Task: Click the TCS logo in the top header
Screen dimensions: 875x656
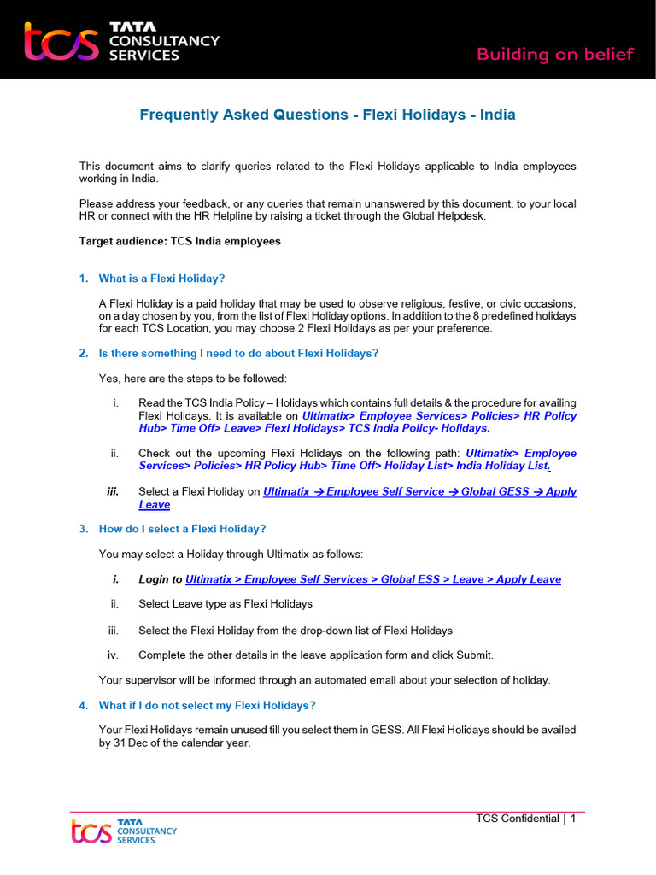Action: click(121, 41)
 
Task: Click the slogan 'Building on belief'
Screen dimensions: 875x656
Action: click(554, 55)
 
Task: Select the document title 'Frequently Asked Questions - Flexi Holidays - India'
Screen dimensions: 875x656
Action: click(327, 115)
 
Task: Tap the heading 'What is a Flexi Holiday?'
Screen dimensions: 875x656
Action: click(161, 279)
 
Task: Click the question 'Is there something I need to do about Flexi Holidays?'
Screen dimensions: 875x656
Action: click(238, 354)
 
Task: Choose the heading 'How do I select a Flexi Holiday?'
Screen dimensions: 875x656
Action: click(182, 529)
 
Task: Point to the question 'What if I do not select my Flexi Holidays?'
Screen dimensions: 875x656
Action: click(207, 705)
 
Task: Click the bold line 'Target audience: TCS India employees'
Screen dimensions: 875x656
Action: click(179, 241)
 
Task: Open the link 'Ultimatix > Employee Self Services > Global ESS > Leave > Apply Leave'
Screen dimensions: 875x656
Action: click(372, 579)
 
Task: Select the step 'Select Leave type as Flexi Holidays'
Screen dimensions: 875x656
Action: click(225, 604)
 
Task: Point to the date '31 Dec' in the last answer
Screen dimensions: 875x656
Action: click(131, 743)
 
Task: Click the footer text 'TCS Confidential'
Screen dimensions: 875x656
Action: click(517, 819)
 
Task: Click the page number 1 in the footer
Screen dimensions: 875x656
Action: click(573, 819)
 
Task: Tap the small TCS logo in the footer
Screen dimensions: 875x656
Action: click(124, 831)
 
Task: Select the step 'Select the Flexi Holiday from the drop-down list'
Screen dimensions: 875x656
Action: click(295, 631)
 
